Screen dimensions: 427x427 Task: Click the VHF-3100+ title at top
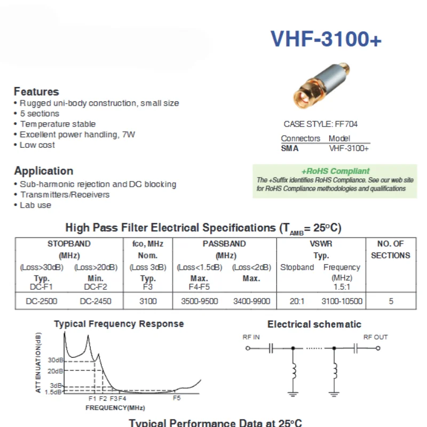(326, 39)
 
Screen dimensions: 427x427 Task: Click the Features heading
(36, 91)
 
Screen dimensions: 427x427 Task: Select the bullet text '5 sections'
(39, 114)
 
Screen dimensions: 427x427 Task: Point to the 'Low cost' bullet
(37, 145)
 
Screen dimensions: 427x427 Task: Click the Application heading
(44, 171)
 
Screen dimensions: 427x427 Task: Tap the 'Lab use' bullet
(36, 205)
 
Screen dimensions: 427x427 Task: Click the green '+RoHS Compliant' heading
(335, 171)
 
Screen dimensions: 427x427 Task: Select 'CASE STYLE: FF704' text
(321, 124)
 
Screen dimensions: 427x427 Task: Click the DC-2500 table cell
(42, 301)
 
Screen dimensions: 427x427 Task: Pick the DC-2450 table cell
(96, 301)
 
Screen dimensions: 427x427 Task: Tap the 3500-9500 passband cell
(197, 301)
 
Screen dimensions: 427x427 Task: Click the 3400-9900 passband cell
(251, 301)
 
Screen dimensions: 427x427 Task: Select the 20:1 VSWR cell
(297, 301)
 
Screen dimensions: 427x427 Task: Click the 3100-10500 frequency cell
(342, 301)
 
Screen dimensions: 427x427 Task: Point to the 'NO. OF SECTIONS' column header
(390, 249)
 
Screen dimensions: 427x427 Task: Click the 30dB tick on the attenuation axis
(55, 360)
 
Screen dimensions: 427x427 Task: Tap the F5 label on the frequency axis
(177, 398)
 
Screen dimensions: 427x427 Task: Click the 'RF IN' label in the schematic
(251, 337)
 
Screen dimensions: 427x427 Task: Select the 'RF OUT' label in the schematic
(376, 337)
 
